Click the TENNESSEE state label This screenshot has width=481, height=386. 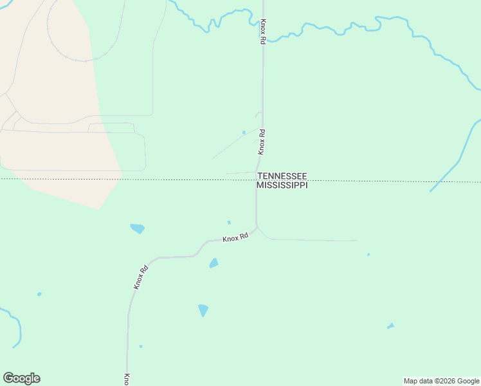click(x=282, y=176)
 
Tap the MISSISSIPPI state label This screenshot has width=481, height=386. click(x=282, y=185)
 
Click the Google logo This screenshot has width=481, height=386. click(x=21, y=378)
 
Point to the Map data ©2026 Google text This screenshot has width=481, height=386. click(x=441, y=381)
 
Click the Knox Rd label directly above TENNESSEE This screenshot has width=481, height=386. click(x=262, y=142)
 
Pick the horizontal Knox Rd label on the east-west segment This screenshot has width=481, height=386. click(x=235, y=238)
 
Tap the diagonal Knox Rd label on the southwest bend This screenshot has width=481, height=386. click(x=141, y=277)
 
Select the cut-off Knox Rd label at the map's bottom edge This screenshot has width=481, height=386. click(x=127, y=379)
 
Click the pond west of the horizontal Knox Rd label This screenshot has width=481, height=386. click(x=137, y=228)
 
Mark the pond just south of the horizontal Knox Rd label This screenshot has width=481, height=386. click(x=213, y=263)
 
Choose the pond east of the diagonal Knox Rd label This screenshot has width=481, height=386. click(x=203, y=310)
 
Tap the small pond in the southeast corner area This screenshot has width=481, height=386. click(x=390, y=326)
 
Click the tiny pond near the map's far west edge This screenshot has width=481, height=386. click(x=39, y=294)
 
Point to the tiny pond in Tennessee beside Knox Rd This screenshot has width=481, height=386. click(x=244, y=133)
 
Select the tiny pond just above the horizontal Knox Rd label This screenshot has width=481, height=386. click(x=229, y=223)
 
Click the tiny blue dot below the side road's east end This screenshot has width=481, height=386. click(x=368, y=254)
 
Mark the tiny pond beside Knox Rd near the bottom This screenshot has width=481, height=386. click(x=141, y=346)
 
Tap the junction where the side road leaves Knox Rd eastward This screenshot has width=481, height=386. click(x=257, y=227)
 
